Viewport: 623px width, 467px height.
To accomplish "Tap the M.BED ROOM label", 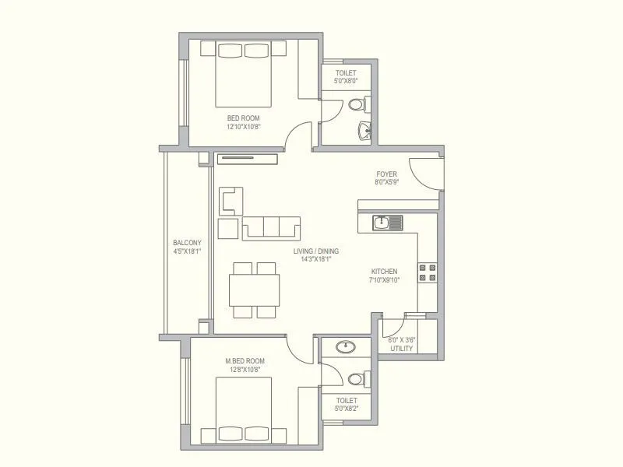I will pyautogui.click(x=245, y=360).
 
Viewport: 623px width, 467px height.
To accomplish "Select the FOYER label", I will pyautogui.click(x=386, y=174).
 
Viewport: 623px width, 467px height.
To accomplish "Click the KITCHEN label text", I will pyautogui.click(x=384, y=272).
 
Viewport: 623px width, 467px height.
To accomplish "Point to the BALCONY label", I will pyautogui.click(x=187, y=242).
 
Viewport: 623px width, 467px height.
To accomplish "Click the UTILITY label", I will pyautogui.click(x=402, y=348).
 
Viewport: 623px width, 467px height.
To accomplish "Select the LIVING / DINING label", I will pyautogui.click(x=316, y=251).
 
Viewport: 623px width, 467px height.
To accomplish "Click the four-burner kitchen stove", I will pyautogui.click(x=428, y=272).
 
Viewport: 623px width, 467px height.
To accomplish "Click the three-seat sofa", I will pyautogui.click(x=271, y=226).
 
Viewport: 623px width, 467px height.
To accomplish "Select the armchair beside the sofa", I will pyautogui.click(x=231, y=201).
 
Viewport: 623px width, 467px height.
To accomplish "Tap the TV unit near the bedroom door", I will pyautogui.click(x=247, y=160).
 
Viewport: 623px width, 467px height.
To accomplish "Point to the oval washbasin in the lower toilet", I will pyautogui.click(x=344, y=347).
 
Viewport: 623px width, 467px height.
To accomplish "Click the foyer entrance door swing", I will pyautogui.click(x=424, y=173).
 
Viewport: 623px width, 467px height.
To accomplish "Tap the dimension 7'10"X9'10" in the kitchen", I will pyautogui.click(x=384, y=280).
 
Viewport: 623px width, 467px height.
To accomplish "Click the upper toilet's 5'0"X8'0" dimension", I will pyautogui.click(x=347, y=80).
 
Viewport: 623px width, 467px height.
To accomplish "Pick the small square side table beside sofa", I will pyautogui.click(x=227, y=228).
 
